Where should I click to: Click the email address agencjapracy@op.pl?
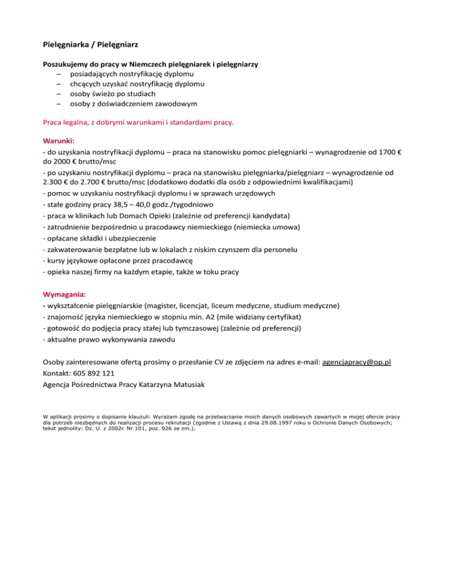pyautogui.click(x=356, y=362)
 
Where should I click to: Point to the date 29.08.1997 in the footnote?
pyautogui.click(x=291, y=422)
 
